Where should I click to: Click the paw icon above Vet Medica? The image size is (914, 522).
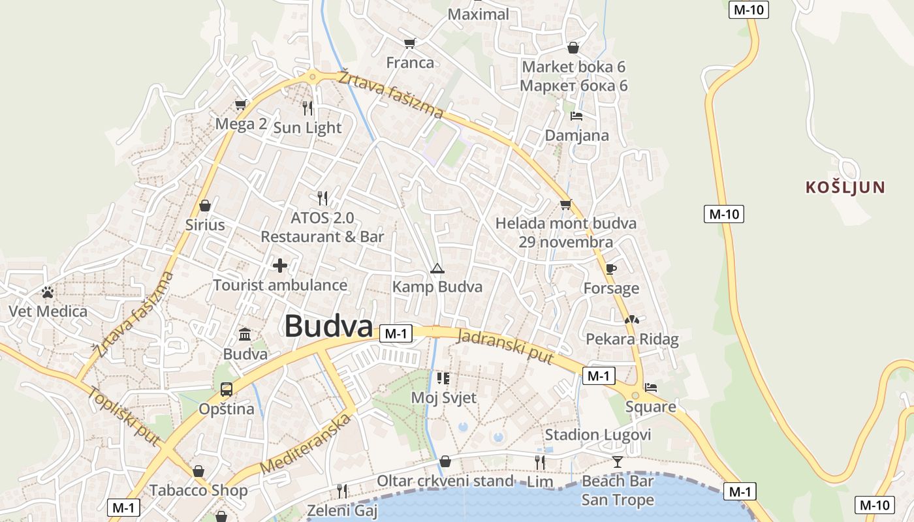47,292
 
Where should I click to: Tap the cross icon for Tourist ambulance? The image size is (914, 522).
280,266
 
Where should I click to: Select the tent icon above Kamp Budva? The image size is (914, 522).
437,268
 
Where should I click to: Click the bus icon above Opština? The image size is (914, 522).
226,390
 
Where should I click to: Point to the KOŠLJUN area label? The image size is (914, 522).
845,188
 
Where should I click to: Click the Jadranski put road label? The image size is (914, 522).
505,347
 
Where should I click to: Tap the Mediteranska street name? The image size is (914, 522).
305,444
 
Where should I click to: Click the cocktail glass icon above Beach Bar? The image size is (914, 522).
617,462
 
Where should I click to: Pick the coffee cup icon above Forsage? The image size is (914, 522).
610,269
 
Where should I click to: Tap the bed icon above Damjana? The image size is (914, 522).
576,116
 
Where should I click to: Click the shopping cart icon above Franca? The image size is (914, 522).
409,43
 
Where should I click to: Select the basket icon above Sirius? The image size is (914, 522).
205,206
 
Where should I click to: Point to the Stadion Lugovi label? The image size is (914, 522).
598,435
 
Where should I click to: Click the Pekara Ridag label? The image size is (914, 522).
632,339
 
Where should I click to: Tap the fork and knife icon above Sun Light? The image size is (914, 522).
307,108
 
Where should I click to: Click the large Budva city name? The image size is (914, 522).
328,326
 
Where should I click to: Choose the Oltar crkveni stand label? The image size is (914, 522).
445,482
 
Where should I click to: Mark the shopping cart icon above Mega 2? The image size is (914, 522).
240,104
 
